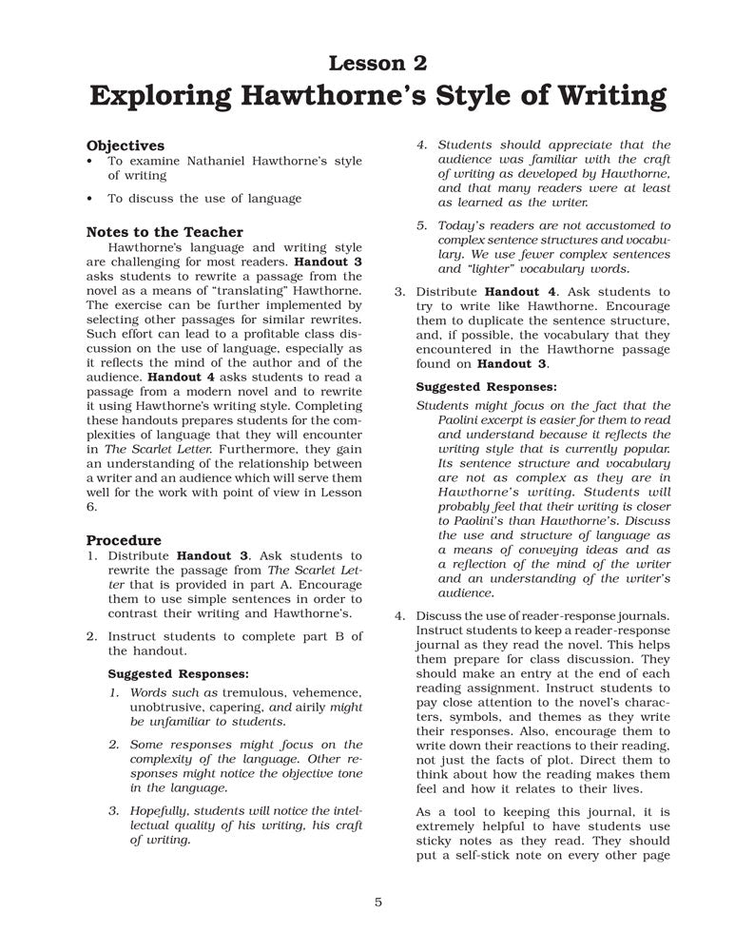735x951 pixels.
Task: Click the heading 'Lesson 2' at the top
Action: pyautogui.click(x=377, y=64)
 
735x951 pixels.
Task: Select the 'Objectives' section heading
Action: pyautogui.click(x=126, y=146)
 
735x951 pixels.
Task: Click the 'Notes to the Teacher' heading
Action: pyautogui.click(x=164, y=232)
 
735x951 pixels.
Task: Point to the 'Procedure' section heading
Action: pyautogui.click(x=124, y=540)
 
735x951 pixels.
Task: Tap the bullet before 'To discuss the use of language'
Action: pyautogui.click(x=88, y=199)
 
